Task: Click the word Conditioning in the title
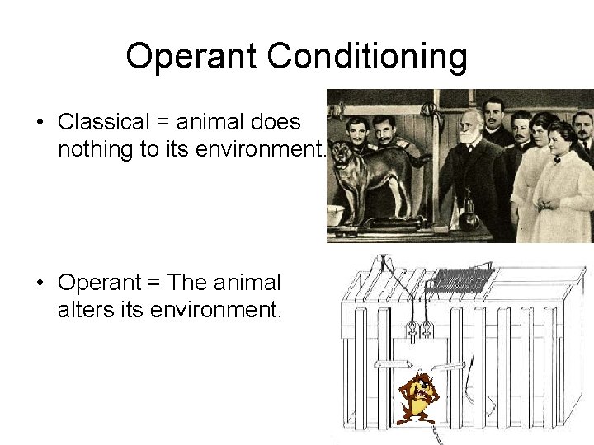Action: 367,56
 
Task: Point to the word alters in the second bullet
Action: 79,311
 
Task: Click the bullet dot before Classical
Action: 40,123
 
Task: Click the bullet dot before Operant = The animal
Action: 40,283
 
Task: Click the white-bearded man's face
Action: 471,129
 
